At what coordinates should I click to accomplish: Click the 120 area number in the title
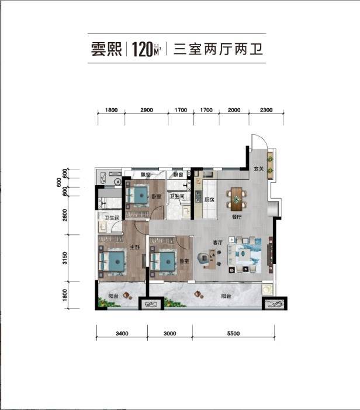142,49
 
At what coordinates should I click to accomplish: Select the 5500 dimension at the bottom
232,333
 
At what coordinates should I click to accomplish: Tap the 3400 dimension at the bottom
122,333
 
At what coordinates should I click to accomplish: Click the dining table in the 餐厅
236,199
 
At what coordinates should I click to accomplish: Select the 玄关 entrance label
259,170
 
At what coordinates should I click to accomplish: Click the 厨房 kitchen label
212,200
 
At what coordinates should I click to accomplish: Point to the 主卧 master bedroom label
133,248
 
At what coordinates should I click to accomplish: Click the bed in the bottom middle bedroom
163,260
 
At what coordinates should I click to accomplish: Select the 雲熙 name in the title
106,49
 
